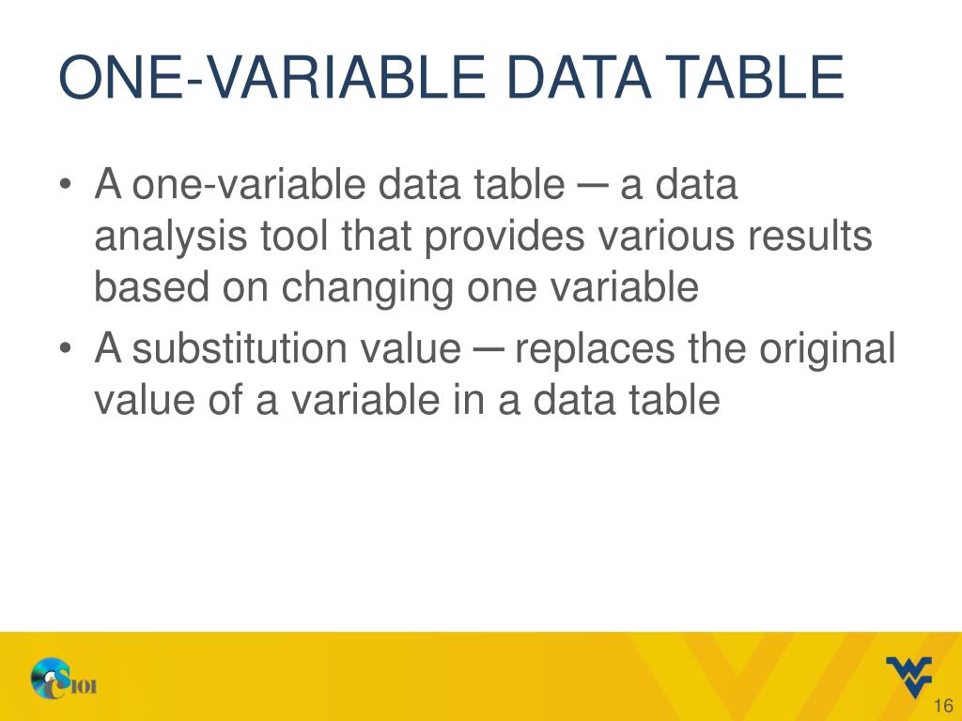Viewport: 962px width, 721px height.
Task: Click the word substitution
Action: coord(226,350)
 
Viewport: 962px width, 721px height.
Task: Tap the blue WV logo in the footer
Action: coord(908,676)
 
